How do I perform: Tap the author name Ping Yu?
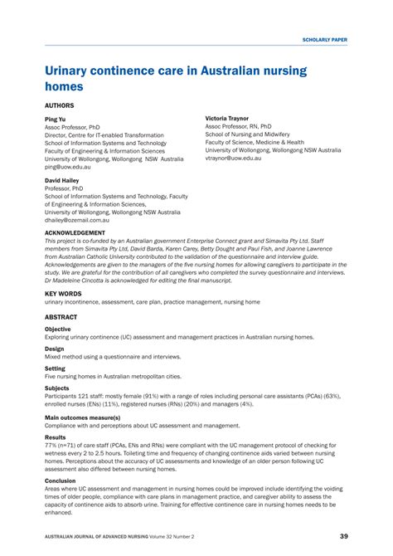[x=55, y=119]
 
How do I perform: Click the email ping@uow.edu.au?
[x=70, y=166]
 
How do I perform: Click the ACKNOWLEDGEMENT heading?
[x=80, y=234]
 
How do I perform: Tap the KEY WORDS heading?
[x=63, y=294]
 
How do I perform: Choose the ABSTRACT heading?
[x=61, y=318]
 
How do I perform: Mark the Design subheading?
[x=54, y=349]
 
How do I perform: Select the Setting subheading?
[x=55, y=368]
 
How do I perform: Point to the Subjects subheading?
[x=57, y=388]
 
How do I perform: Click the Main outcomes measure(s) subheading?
[x=83, y=417]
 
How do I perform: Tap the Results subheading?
[x=56, y=437]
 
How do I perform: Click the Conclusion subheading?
[x=61, y=480]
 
